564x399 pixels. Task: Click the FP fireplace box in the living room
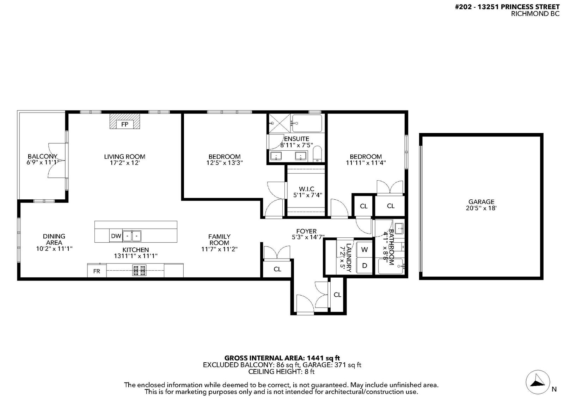tap(125, 124)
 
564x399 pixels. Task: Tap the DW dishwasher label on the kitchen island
tap(116, 236)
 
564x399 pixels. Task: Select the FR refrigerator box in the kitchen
tap(97, 271)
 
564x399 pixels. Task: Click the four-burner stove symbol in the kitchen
tap(139, 271)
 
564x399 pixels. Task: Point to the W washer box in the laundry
tap(364, 249)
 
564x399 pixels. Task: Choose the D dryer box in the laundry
tap(364, 265)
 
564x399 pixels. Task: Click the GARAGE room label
tap(482, 202)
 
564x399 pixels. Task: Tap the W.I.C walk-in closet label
tap(306, 189)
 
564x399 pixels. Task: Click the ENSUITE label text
tap(296, 139)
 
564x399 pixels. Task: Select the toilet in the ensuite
tap(318, 153)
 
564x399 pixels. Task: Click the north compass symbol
tap(538, 382)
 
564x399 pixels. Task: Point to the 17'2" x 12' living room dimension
tap(125, 163)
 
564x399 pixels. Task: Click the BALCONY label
tap(43, 156)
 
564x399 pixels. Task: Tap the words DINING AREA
tap(54, 239)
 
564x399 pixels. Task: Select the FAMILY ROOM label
tap(219, 240)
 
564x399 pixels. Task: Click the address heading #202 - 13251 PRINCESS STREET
tap(507, 7)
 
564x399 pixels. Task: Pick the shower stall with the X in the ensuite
tap(280, 123)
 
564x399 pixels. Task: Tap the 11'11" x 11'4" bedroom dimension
tap(366, 163)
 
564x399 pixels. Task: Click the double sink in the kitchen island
tap(132, 236)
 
